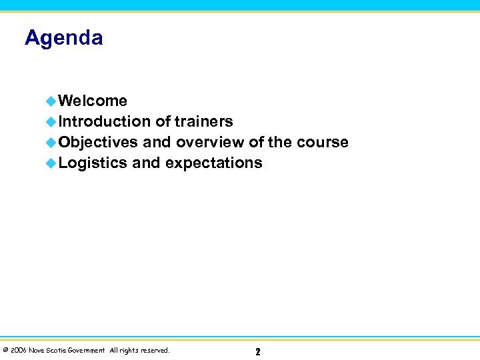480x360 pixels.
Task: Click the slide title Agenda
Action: click(x=64, y=38)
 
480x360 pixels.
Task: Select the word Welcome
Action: click(x=93, y=101)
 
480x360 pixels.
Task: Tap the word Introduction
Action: click(x=105, y=121)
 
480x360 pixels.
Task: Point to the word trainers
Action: click(x=203, y=121)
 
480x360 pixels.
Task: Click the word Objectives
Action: click(x=98, y=142)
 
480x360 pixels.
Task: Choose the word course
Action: click(x=323, y=142)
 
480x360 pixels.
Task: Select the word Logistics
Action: click(x=93, y=163)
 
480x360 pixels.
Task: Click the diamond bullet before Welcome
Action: click(x=51, y=101)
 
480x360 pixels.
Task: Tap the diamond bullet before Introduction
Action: click(x=51, y=122)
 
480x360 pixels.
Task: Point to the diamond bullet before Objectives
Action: click(x=51, y=143)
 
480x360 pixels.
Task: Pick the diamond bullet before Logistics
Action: click(x=51, y=163)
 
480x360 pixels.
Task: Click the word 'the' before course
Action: click(x=280, y=142)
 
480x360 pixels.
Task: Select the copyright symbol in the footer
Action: click(x=5, y=350)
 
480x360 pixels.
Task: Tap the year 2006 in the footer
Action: click(x=18, y=350)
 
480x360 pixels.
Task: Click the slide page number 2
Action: click(x=258, y=351)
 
